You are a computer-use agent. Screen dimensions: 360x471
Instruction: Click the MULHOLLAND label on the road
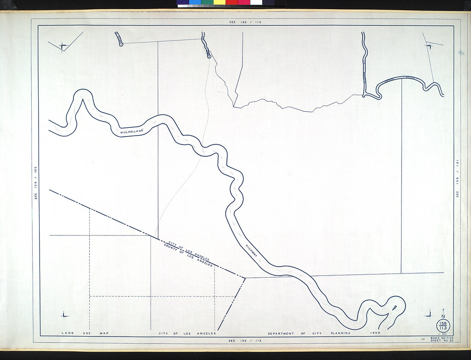coord(132,131)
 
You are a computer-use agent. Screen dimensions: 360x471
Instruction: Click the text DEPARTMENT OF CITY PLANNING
coord(309,333)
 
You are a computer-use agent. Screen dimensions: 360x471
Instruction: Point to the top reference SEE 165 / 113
coord(245,22)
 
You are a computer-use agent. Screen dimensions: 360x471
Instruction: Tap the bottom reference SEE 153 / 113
coord(245,341)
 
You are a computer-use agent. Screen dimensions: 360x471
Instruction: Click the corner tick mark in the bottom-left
coord(63,315)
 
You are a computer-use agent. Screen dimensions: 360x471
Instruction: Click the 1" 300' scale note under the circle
coord(443,334)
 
